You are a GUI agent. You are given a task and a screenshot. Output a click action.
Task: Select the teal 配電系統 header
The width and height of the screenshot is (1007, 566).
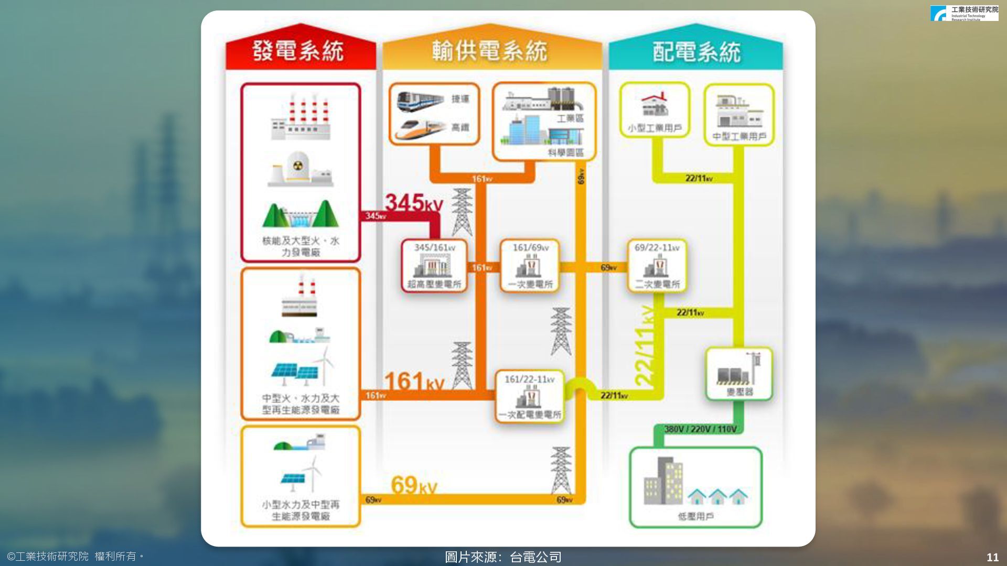coord(696,52)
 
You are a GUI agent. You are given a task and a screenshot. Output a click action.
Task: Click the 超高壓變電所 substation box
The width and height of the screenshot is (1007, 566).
coord(434,265)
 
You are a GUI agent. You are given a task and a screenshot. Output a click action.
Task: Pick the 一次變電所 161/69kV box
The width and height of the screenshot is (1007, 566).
coord(530,265)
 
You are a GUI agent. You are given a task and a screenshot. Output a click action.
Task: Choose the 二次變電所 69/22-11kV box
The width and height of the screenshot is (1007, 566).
coord(657,265)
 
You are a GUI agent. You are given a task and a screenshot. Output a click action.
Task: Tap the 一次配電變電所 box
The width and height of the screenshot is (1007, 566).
coord(530,397)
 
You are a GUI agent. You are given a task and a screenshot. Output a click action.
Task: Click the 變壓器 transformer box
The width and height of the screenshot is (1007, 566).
coord(739,374)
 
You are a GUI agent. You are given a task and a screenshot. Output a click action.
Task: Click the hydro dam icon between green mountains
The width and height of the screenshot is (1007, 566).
coord(300,215)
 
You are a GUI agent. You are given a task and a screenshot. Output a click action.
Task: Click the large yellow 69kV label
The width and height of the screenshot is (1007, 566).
coord(414,485)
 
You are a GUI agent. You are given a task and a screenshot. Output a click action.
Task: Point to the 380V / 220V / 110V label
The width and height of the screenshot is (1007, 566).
coord(700,429)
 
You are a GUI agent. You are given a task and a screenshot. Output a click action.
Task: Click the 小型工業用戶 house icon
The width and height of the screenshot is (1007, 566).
coord(655,104)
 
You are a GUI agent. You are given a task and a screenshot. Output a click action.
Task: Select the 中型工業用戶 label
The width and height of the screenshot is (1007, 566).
coord(739,137)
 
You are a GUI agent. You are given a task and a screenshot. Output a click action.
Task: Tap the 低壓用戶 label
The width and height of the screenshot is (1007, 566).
coord(695,517)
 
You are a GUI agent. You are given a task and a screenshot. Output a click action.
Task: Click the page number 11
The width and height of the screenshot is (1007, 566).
coord(992,557)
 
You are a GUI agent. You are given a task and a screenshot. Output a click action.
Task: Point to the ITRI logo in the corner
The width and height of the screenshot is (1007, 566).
coord(964,13)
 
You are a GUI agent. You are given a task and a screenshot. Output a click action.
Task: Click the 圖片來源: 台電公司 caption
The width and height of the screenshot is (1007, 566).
coord(503,557)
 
